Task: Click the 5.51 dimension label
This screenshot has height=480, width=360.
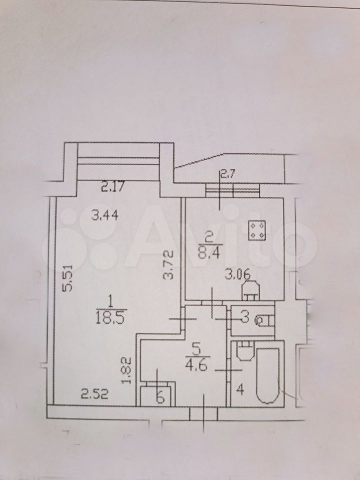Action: [68, 278]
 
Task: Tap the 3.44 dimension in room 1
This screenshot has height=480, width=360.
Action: [105, 216]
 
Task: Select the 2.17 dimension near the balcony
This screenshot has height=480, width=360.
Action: [112, 186]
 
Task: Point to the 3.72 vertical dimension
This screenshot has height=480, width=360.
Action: [168, 265]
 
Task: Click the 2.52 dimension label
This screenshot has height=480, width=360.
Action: [94, 394]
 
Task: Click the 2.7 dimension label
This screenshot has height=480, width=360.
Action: [227, 175]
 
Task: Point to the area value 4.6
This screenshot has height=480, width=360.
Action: [197, 365]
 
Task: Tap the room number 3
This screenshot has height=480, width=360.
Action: [244, 318]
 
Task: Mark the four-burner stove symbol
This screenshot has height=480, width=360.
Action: [257, 230]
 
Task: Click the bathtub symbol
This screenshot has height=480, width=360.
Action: [268, 375]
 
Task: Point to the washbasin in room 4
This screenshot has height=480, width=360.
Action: [245, 351]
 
